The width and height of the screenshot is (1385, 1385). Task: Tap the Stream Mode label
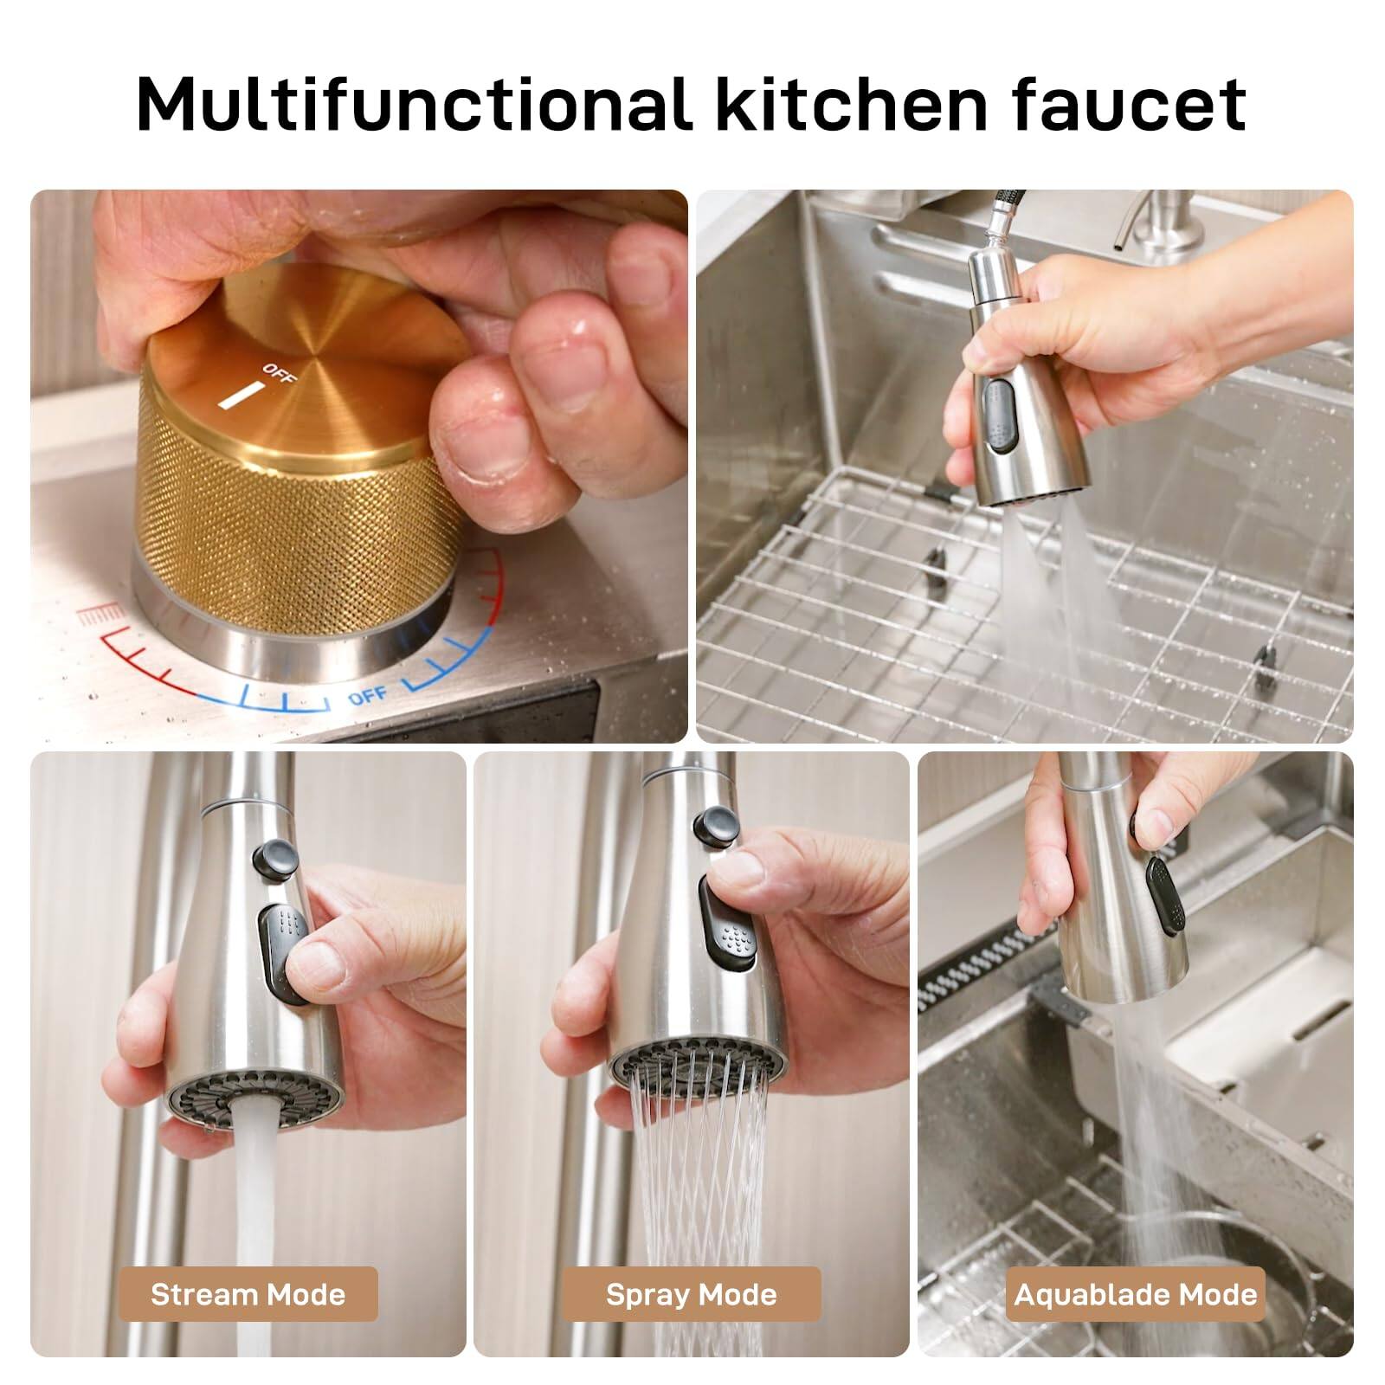pyautogui.click(x=248, y=1294)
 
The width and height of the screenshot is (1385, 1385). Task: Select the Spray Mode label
pyautogui.click(x=691, y=1294)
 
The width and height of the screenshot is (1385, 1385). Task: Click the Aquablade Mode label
pyautogui.click(x=1135, y=1294)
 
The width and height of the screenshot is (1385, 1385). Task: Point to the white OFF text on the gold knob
pyautogui.click(x=278, y=375)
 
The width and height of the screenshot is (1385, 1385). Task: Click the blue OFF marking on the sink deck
pyautogui.click(x=368, y=695)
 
